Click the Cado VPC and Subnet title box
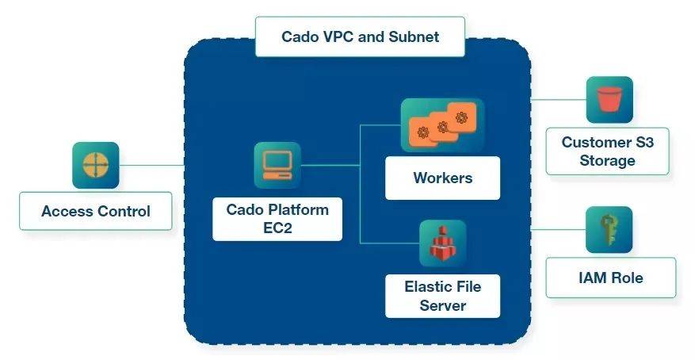pyautogui.click(x=360, y=36)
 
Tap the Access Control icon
pyautogui.click(x=95, y=165)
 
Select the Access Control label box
pyautogui.click(x=96, y=211)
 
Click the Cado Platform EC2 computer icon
pyautogui.click(x=277, y=165)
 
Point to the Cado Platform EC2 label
pyautogui.click(x=277, y=219)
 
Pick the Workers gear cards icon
pyautogui.click(x=442, y=125)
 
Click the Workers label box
pyautogui.click(x=442, y=178)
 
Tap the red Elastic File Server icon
pyautogui.click(x=442, y=243)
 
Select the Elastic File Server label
pyautogui.click(x=442, y=295)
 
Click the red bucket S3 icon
pyautogui.click(x=609, y=99)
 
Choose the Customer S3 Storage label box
pyautogui.click(x=608, y=151)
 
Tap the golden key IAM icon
pyautogui.click(x=609, y=229)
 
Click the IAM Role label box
pyautogui.click(x=610, y=278)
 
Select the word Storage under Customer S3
pyautogui.click(x=608, y=160)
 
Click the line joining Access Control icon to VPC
pyautogui.click(x=151, y=165)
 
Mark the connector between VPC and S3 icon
pyautogui.click(x=557, y=100)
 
